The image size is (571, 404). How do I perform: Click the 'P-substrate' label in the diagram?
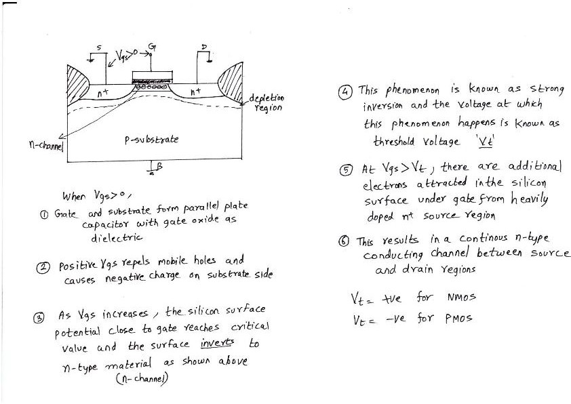coord(152,139)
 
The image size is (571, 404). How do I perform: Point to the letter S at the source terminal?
coord(100,48)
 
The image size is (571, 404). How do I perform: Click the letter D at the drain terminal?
coord(203,47)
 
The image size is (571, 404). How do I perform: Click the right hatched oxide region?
coord(231,82)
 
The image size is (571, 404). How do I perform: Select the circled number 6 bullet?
coord(344,241)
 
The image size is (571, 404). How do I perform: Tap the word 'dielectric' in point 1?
coord(117,238)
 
